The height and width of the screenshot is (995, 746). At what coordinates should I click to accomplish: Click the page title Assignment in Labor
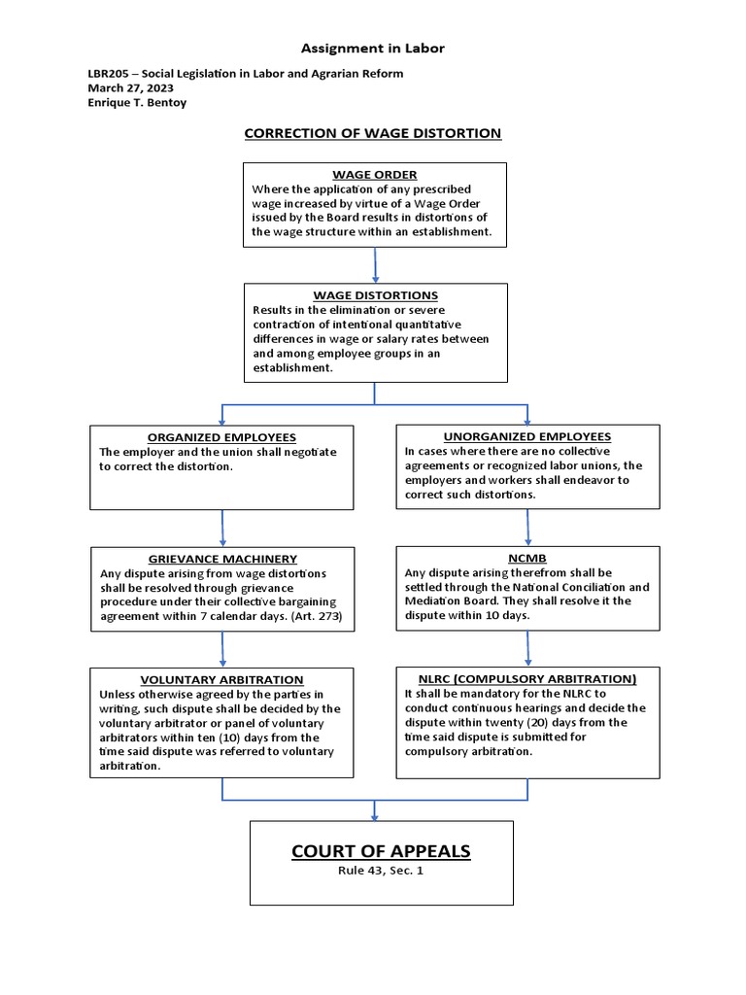pyautogui.click(x=372, y=48)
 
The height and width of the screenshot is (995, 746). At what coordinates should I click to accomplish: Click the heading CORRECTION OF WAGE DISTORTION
pyautogui.click(x=372, y=133)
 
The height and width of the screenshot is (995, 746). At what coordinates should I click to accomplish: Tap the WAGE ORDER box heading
pyautogui.click(x=374, y=175)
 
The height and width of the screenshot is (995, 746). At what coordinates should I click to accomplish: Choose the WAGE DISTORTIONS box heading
pyautogui.click(x=375, y=295)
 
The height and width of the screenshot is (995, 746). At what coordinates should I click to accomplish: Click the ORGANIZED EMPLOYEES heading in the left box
pyautogui.click(x=221, y=438)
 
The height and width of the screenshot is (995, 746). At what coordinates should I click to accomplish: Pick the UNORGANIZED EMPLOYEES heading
pyautogui.click(x=527, y=437)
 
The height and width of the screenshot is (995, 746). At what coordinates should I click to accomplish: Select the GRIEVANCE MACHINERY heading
pyautogui.click(x=222, y=560)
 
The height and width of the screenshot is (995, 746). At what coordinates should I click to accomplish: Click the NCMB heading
pyautogui.click(x=527, y=559)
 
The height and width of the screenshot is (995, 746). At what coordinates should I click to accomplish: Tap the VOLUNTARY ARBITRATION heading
pyautogui.click(x=221, y=680)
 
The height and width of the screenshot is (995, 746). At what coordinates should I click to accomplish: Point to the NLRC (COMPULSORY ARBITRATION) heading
pyautogui.click(x=527, y=679)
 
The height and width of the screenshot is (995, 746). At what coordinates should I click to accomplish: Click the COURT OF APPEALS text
pyautogui.click(x=381, y=852)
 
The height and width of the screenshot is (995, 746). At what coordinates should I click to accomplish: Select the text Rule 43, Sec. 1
pyautogui.click(x=381, y=871)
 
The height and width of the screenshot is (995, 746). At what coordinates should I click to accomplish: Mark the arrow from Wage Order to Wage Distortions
pyautogui.click(x=375, y=263)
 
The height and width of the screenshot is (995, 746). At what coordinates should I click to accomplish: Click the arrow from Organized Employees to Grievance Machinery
pyautogui.click(x=222, y=528)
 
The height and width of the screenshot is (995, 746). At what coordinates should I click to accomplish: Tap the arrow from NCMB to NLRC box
pyautogui.click(x=527, y=648)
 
